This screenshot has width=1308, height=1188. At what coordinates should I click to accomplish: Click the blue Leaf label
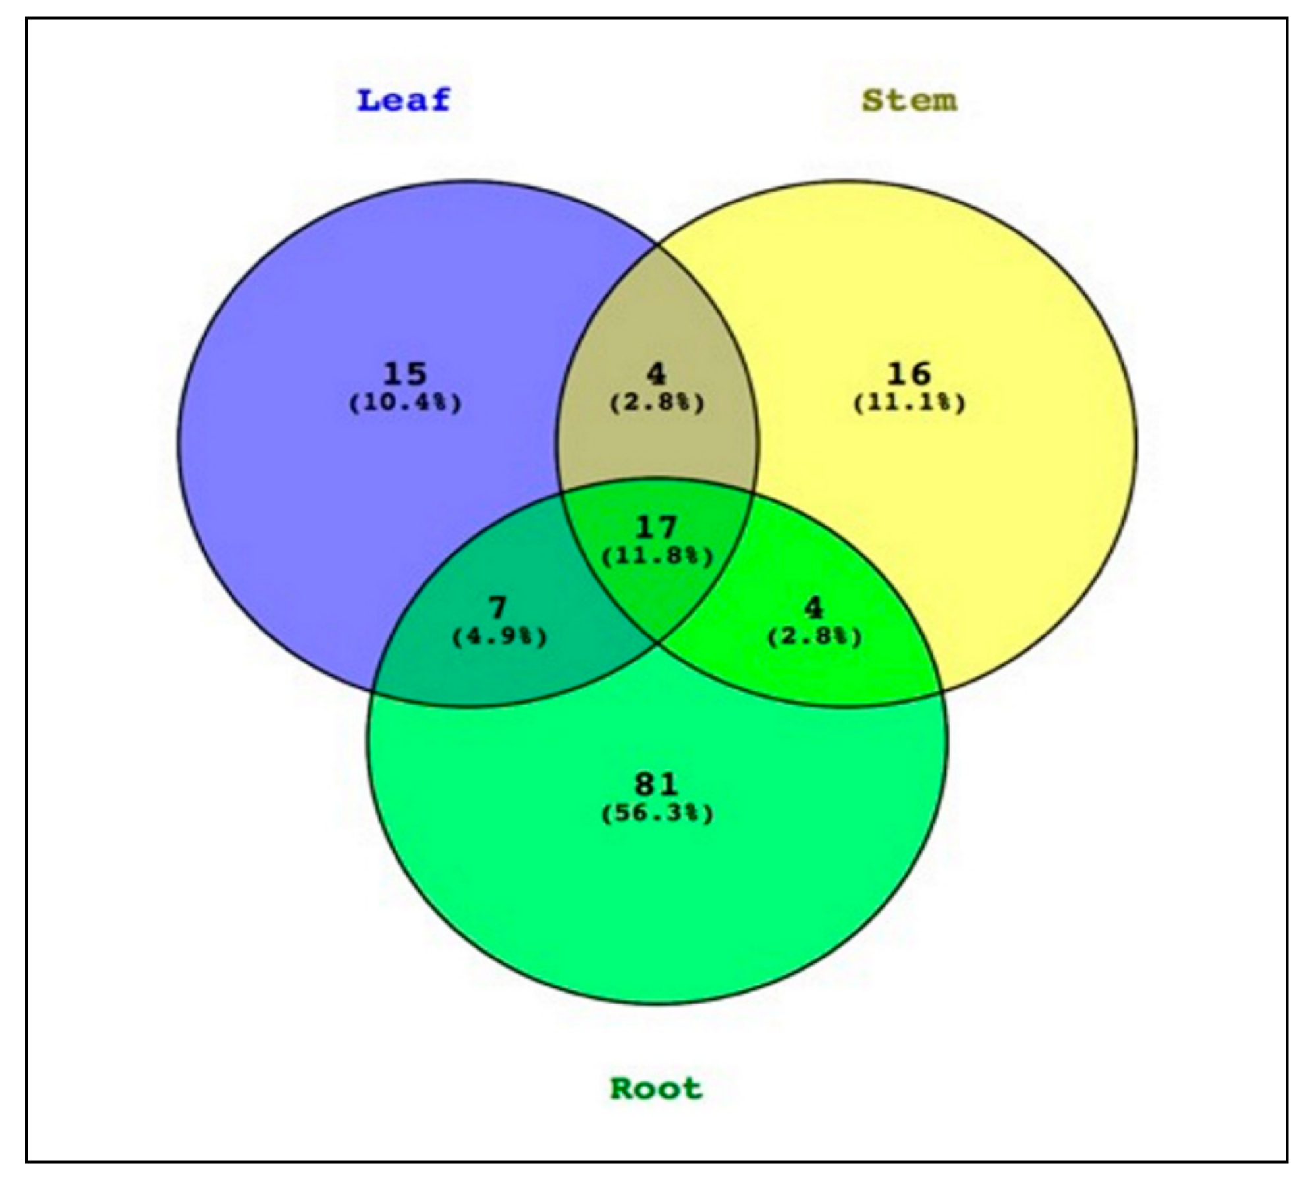pos(403,101)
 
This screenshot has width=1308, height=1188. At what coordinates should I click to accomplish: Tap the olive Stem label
pos(909,101)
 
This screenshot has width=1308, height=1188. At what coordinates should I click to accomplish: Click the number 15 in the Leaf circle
pos(405,374)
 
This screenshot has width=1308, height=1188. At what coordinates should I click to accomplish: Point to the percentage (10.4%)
pos(405,402)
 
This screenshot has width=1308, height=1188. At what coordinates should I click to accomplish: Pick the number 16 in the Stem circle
pos(909,374)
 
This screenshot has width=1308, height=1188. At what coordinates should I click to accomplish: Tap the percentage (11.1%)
pos(909,402)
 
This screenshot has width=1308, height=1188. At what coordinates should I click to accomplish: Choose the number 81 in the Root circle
pos(656,784)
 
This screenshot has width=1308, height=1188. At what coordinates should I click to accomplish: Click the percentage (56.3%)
pos(657,813)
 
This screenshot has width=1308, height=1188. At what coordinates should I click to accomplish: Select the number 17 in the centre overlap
pos(657,527)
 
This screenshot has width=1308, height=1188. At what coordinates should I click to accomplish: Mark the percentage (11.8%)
pos(657,556)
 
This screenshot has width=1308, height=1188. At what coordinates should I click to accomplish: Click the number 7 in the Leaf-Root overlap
pos(499,608)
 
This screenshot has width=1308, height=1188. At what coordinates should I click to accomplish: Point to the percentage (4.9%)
pos(499,637)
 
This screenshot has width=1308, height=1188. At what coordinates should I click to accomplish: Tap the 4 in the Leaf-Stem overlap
pos(656,374)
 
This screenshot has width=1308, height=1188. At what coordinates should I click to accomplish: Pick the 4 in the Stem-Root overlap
pos(814,608)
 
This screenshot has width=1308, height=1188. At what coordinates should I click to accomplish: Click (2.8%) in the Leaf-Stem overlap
pos(657,402)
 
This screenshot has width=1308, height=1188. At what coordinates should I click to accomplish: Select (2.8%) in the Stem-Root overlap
pos(815,637)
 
